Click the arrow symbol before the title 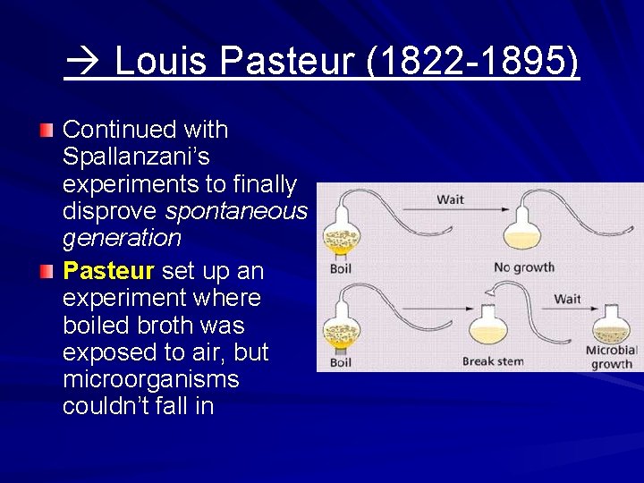click(85, 64)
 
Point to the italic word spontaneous click(236, 211)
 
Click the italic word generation click(122, 238)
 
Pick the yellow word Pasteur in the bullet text click(107, 270)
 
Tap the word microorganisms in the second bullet click(151, 379)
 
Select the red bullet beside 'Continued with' click(47, 131)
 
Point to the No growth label click(524, 267)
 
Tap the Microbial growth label click(612, 357)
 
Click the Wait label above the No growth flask click(450, 199)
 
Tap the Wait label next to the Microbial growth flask click(568, 299)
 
